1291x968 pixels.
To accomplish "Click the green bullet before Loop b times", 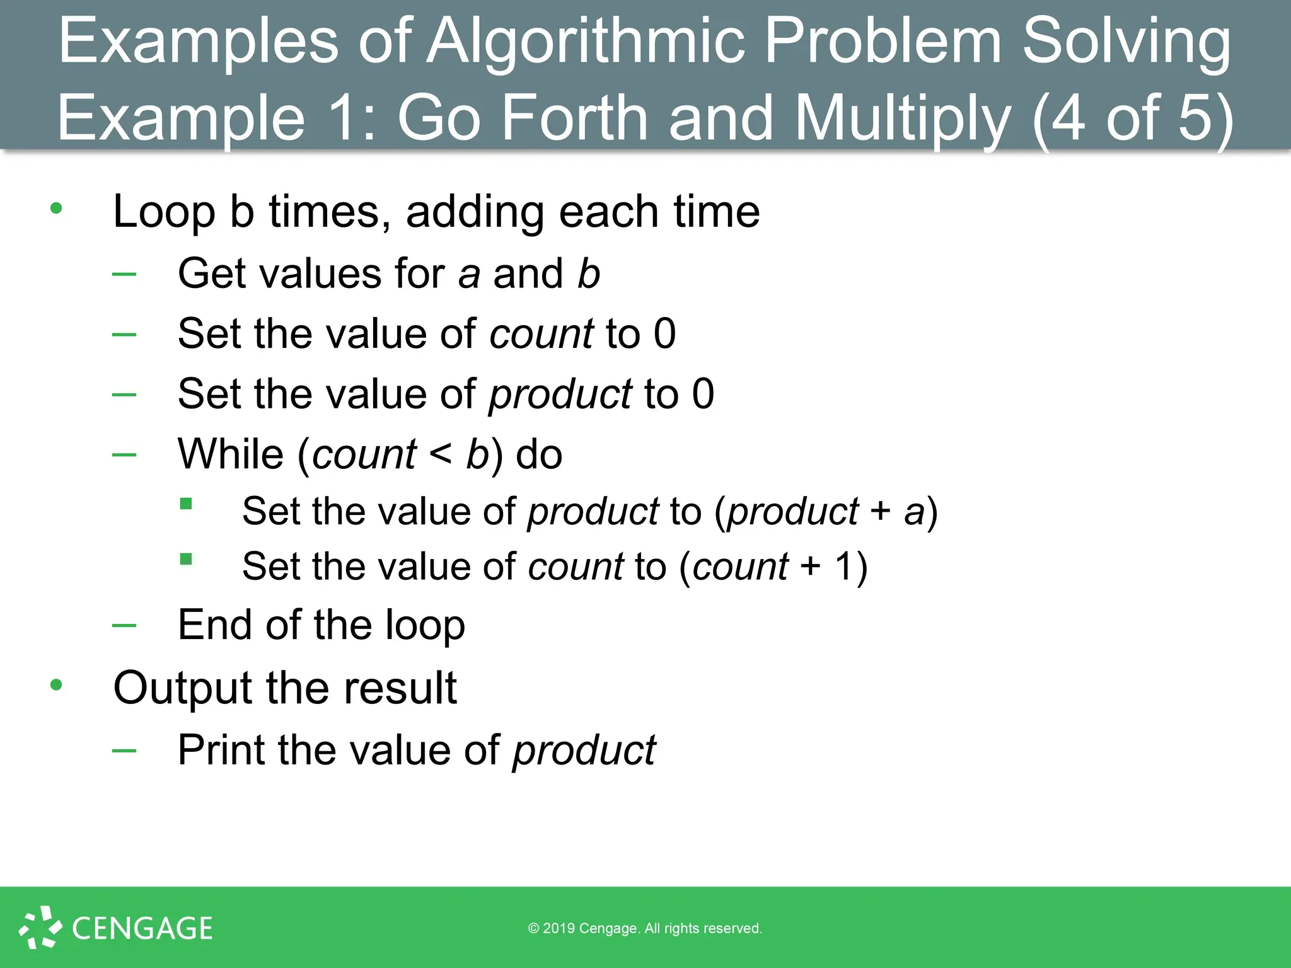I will pos(56,208).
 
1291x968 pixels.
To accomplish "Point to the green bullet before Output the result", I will pos(56,684).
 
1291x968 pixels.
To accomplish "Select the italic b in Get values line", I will pos(588,274).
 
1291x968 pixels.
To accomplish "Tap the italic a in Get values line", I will pos(469,275).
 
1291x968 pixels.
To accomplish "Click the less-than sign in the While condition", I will pos(440,454).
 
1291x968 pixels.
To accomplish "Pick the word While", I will pos(231,454).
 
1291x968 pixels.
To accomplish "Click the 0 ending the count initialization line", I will pos(664,333).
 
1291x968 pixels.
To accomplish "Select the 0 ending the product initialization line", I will pos(703,394).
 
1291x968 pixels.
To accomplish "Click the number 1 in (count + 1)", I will pos(843,566).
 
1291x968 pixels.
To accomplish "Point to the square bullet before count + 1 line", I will pos(186,559).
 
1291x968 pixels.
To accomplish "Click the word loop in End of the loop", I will pos(425,625).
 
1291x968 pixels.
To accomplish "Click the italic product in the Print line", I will pos(584,751).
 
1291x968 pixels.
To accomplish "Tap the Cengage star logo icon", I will pos(40,927).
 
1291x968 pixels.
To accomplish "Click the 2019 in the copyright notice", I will pos(559,928).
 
